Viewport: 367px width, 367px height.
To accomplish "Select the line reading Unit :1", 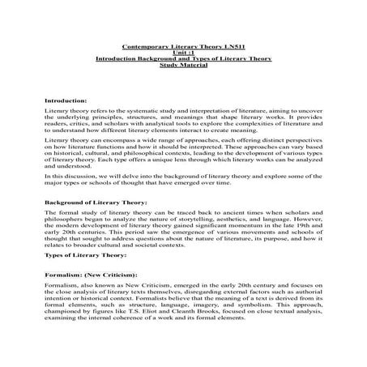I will [x=184, y=53].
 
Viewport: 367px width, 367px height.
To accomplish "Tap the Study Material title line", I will [x=184, y=66].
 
